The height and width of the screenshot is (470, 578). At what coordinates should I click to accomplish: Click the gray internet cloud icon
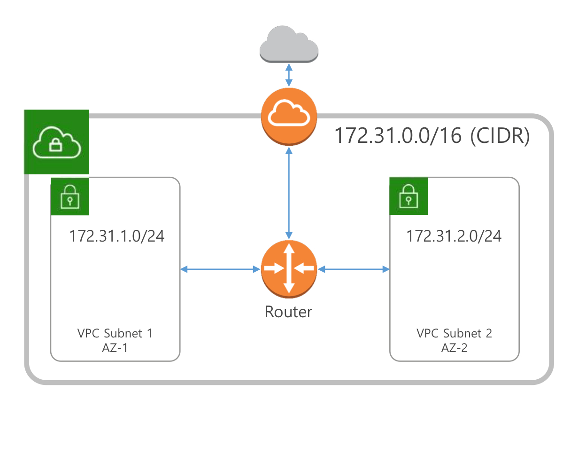click(x=289, y=45)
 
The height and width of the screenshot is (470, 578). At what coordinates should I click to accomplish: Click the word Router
click(x=288, y=312)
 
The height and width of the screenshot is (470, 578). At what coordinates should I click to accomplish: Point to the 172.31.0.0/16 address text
click(x=399, y=136)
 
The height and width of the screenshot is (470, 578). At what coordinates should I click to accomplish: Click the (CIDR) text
click(x=500, y=136)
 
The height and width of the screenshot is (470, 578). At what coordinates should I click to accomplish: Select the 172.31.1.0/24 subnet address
click(x=117, y=236)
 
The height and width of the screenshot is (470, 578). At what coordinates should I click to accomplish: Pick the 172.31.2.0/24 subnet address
click(x=454, y=236)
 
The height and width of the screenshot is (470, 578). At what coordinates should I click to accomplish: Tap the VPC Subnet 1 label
click(x=115, y=334)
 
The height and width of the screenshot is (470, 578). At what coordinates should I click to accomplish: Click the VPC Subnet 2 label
click(x=454, y=334)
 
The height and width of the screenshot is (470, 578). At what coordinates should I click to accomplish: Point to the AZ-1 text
click(x=115, y=348)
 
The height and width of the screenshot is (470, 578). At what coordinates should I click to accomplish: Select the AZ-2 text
click(x=454, y=348)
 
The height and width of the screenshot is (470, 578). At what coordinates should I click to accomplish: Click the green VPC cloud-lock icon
click(x=57, y=142)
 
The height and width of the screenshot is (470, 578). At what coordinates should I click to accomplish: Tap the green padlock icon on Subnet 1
click(x=70, y=196)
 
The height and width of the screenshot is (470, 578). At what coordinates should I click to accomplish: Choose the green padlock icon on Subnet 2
click(x=408, y=196)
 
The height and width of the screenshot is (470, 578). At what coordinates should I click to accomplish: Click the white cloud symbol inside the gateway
click(x=289, y=113)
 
